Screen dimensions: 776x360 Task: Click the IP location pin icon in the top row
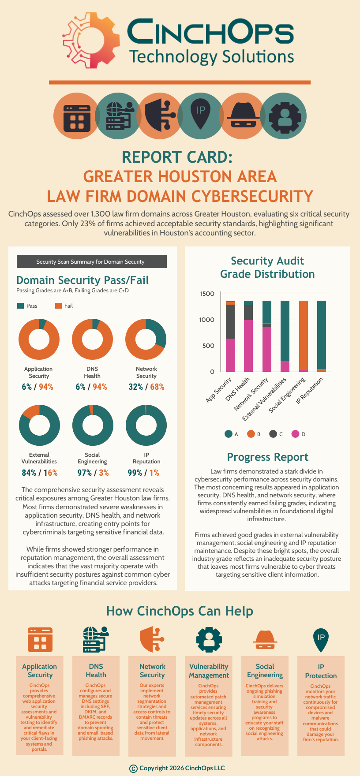[201, 115]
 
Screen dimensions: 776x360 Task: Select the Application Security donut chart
[39, 339]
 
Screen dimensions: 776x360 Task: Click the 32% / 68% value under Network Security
[146, 387]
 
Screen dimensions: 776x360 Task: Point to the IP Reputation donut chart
[146, 425]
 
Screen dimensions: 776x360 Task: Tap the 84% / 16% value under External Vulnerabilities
[39, 473]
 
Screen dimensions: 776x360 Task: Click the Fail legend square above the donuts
[58, 306]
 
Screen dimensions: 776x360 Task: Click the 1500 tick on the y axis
[207, 294]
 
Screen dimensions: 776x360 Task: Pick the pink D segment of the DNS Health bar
[248, 346]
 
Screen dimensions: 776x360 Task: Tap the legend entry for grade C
[273, 434]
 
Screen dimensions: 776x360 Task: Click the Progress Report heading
[267, 457]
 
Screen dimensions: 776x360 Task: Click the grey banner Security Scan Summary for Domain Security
[91, 261]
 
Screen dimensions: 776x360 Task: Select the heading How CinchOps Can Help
[180, 611]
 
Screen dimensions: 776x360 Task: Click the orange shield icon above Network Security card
[152, 639]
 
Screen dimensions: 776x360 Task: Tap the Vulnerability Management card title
[209, 671]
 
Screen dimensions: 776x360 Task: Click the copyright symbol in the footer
[133, 769]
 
